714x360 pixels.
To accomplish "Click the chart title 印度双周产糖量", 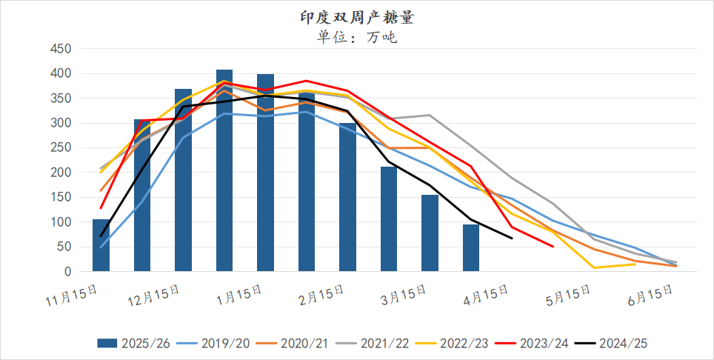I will (357, 16).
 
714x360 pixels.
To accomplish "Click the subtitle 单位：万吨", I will (357, 37).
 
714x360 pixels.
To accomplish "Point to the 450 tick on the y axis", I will (60, 49).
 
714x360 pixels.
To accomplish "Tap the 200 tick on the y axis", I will (60, 173).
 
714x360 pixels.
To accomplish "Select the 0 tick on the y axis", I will (67, 272).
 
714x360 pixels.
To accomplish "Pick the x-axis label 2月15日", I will (318, 293).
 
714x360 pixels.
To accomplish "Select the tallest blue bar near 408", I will (224, 170).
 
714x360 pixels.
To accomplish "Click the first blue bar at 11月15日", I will (101, 245).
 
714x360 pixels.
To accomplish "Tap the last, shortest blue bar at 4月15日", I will (471, 248).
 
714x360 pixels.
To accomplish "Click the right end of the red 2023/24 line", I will (553, 247).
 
